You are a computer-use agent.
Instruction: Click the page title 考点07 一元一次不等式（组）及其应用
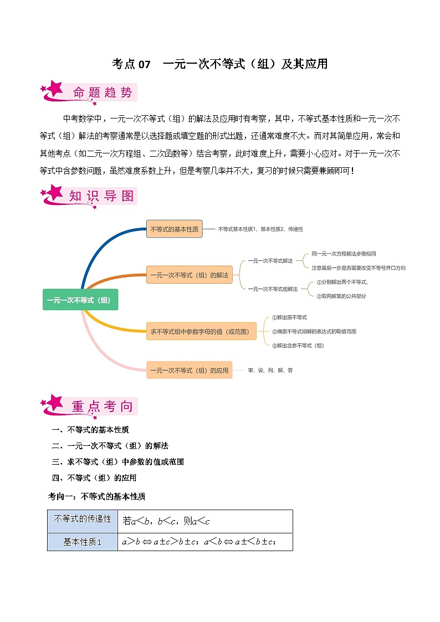click(219, 64)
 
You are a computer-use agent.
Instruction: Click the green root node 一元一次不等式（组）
click(80, 300)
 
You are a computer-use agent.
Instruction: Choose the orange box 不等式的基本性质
click(174, 229)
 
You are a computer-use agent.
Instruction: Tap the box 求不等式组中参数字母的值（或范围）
click(201, 332)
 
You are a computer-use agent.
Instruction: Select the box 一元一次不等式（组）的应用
click(189, 370)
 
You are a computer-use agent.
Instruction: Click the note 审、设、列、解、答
click(270, 370)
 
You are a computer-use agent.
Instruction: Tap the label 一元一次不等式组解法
click(273, 289)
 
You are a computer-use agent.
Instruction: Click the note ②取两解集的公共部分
click(341, 296)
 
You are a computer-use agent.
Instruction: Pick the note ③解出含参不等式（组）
click(298, 345)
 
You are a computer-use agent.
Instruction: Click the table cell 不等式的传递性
click(83, 520)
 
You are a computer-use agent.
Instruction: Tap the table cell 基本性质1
click(83, 542)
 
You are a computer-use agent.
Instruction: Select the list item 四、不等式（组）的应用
click(94, 477)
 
